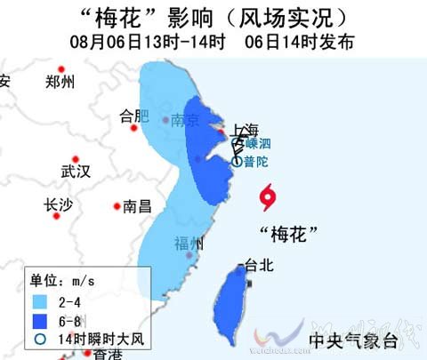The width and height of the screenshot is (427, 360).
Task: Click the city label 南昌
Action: click(137, 206)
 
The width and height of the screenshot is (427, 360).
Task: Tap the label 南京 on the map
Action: click(185, 120)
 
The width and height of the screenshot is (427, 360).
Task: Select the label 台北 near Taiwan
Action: click(261, 265)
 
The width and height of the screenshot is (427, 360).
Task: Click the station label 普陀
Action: click(254, 162)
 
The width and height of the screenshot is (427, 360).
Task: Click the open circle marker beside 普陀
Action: click(236, 162)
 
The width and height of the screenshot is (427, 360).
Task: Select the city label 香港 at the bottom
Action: click(108, 355)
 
